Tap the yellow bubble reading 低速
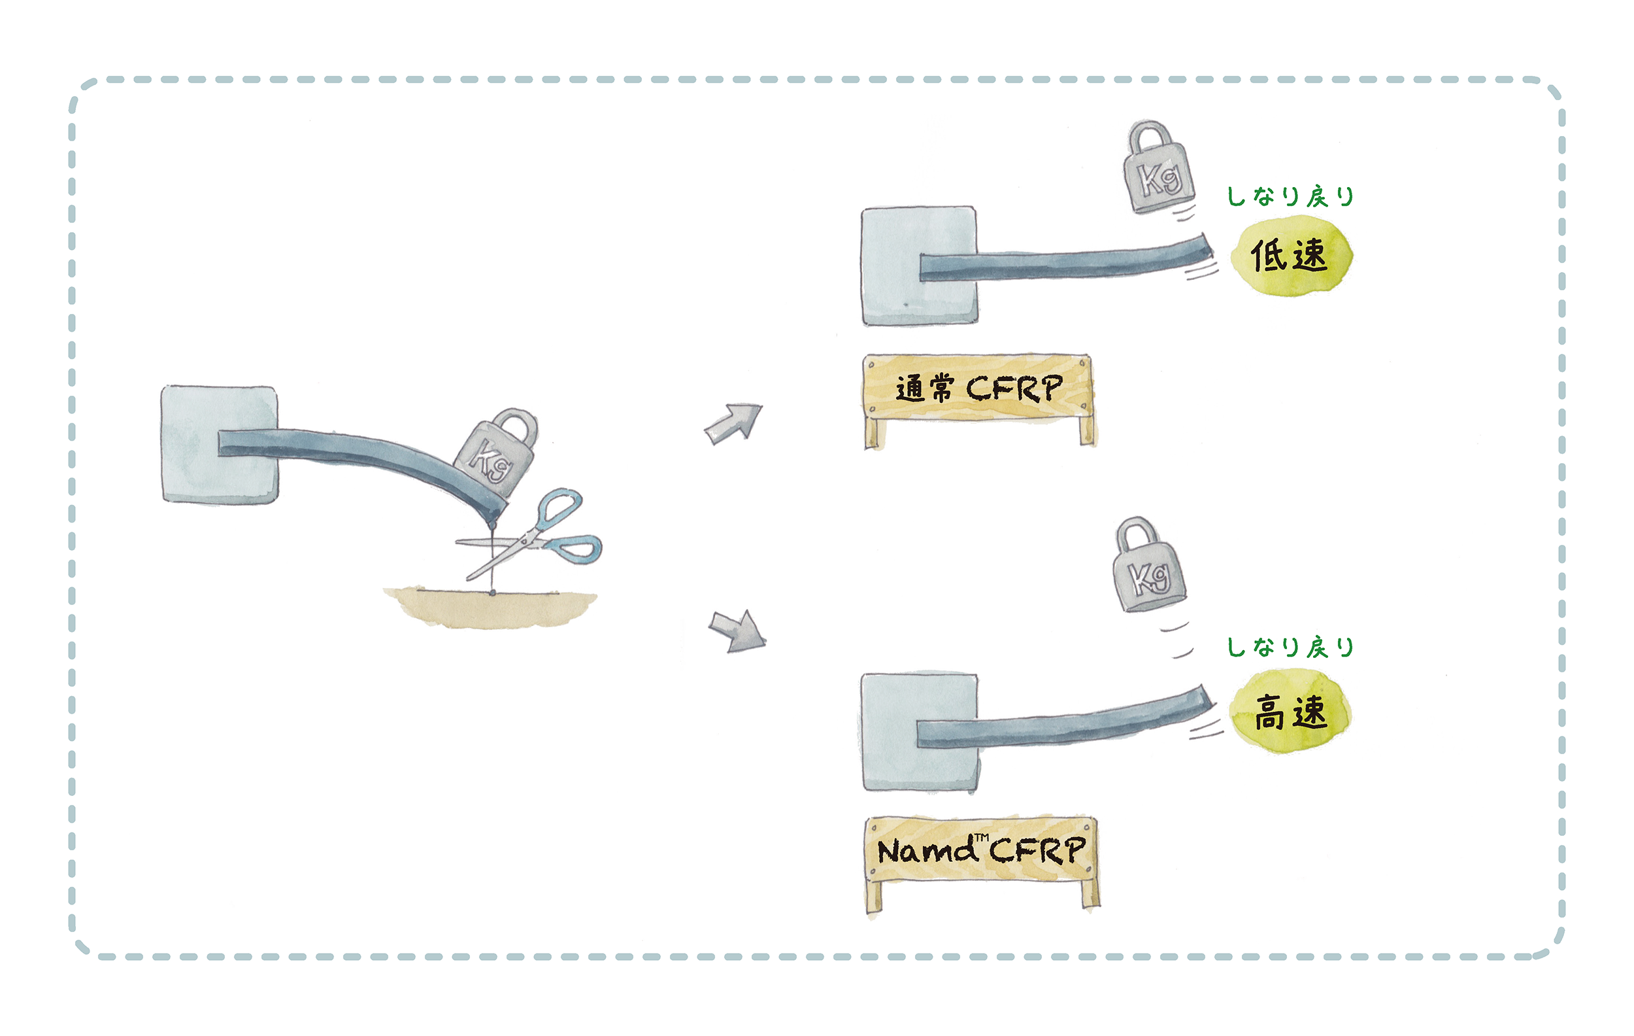1291,256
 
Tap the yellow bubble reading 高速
1291,712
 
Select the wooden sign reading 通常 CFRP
980,400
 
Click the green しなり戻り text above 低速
1290,196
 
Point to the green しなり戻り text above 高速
1290,647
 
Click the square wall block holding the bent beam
219,445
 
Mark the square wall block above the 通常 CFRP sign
920,266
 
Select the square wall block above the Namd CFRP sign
920,733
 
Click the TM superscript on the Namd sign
982,838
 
